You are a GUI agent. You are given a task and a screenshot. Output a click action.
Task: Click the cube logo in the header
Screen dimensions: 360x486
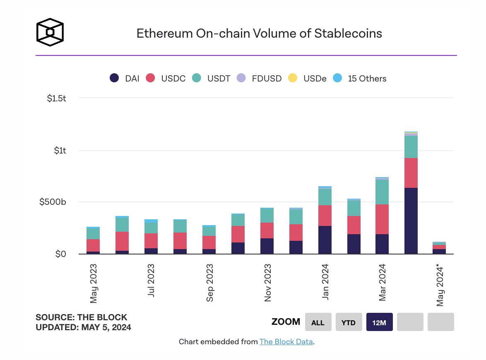50,31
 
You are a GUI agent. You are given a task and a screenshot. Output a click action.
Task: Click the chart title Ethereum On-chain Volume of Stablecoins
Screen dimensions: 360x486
259,33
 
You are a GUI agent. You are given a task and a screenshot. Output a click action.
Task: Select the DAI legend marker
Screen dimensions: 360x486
115,78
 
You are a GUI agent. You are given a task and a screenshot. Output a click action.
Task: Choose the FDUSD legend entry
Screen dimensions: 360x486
259,78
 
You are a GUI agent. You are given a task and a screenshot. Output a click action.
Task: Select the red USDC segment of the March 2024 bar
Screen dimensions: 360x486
382,219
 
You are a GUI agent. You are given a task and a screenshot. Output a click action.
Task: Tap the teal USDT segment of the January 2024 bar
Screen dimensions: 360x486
325,197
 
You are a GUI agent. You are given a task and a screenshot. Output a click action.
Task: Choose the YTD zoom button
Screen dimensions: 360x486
349,322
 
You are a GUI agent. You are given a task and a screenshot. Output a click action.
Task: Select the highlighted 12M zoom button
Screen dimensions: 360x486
379,322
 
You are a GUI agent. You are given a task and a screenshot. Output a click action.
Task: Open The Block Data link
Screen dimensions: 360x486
286,342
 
